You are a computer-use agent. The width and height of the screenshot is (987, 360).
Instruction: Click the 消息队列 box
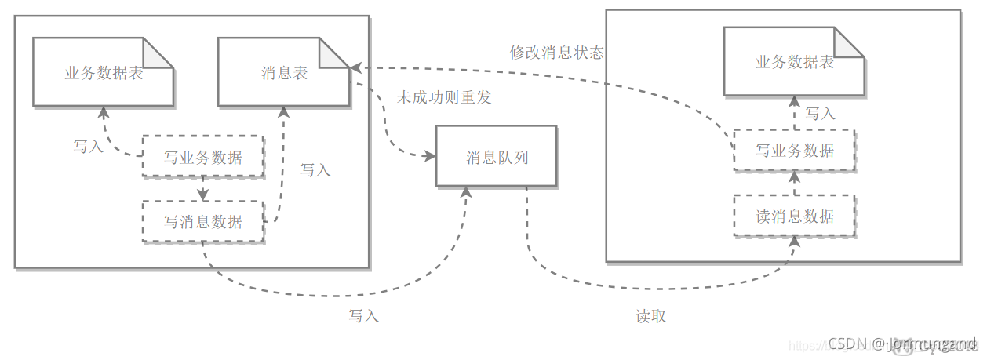[x=497, y=157]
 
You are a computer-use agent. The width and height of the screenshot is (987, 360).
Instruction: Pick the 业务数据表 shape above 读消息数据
[x=793, y=63]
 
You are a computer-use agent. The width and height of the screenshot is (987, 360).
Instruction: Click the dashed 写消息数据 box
[x=202, y=221]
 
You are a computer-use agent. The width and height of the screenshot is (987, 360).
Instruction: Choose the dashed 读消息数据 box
[x=794, y=216]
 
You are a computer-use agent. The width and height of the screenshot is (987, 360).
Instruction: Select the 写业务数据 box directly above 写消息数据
[x=202, y=157]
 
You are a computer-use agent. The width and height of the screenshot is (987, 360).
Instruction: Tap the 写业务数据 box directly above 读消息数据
[x=794, y=150]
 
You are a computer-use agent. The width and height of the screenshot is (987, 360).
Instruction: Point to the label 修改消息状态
[x=557, y=53]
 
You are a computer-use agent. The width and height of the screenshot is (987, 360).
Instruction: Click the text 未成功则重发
[x=444, y=97]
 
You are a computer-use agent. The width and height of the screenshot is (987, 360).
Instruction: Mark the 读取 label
[x=650, y=316]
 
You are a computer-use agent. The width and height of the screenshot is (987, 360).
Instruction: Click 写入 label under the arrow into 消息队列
[x=363, y=315]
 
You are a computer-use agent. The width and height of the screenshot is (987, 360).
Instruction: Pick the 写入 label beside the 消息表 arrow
[x=315, y=169]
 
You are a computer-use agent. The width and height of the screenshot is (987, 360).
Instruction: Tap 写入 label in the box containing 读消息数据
[x=820, y=113]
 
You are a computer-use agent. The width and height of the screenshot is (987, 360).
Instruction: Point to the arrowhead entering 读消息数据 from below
[x=794, y=242]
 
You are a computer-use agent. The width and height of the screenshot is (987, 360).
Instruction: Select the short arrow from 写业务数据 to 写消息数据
[x=202, y=189]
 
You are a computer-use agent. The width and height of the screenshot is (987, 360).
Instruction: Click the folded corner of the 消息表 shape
[x=337, y=51]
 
